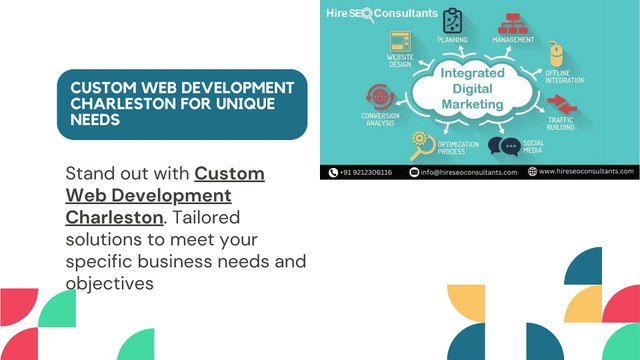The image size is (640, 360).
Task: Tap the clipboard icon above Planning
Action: coord(453,21)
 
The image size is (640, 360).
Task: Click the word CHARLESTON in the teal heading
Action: coord(108,103)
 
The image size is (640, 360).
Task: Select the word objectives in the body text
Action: coord(109,283)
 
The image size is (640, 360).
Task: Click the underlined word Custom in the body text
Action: coord(229,173)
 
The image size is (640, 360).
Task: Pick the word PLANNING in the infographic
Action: coord(453,39)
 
